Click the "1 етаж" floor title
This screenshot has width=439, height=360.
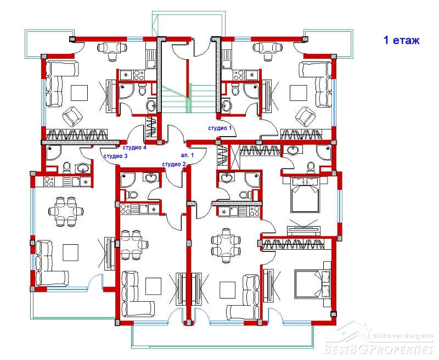(x=401, y=40)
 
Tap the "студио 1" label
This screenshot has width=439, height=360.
(x=220, y=128)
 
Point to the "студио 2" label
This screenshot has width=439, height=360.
(x=173, y=164)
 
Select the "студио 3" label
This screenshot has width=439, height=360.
(x=115, y=156)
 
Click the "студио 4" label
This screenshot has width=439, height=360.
(x=134, y=147)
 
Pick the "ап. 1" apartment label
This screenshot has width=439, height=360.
(x=187, y=155)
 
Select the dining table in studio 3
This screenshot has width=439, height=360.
(x=66, y=211)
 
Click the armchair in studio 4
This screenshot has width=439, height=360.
(x=72, y=116)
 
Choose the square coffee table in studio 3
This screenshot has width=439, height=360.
(x=70, y=252)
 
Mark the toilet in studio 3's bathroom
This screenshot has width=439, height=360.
(x=67, y=167)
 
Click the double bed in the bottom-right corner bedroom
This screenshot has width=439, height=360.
(x=313, y=284)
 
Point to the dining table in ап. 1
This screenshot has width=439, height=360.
(x=226, y=245)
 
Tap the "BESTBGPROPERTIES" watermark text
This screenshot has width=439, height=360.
(x=379, y=349)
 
